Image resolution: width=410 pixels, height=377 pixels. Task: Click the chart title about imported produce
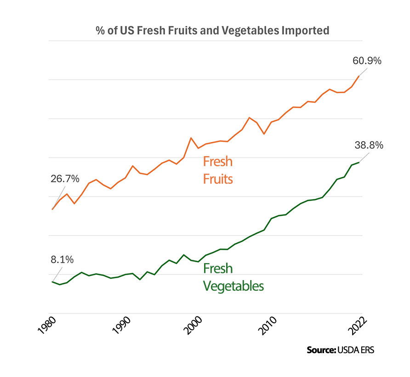(x=212, y=31)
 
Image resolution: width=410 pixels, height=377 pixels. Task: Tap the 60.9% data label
(x=367, y=61)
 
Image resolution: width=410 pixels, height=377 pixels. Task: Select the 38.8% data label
(x=369, y=145)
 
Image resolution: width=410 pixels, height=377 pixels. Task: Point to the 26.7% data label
(x=65, y=178)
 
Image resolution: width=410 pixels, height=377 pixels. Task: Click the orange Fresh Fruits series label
(x=218, y=170)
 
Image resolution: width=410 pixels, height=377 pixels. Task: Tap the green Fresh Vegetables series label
(x=233, y=277)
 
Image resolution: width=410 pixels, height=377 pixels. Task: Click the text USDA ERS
(x=356, y=350)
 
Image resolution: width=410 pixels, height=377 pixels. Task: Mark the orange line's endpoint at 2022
(x=359, y=76)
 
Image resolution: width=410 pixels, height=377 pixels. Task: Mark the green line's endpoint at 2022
(x=359, y=162)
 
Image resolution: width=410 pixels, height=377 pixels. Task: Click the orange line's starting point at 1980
(x=53, y=209)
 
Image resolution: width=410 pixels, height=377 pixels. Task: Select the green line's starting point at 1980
(x=53, y=281)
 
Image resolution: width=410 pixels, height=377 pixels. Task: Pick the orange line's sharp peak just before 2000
(x=191, y=138)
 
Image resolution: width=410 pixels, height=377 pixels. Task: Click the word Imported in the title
(x=306, y=31)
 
